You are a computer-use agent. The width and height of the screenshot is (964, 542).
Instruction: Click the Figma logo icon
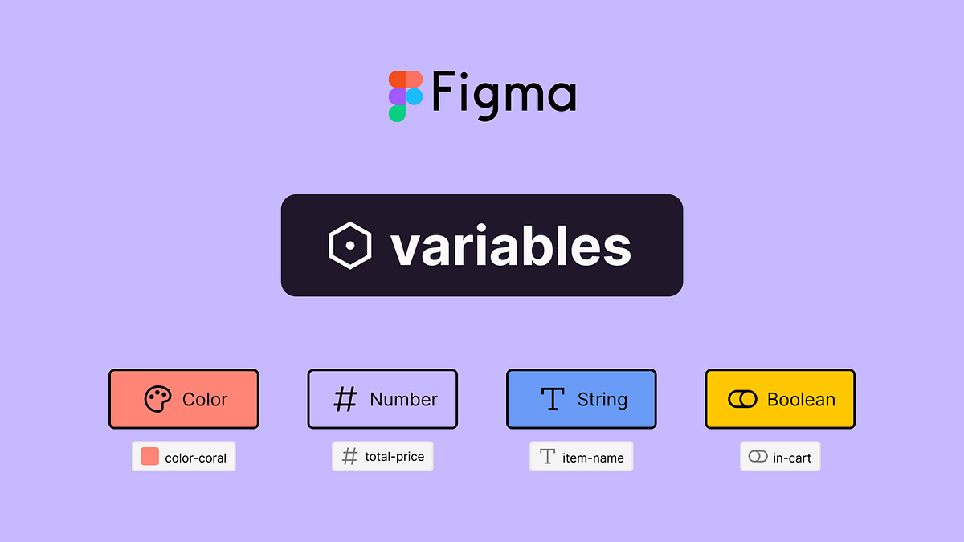(x=406, y=96)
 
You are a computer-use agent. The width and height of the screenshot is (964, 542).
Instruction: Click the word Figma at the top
(x=504, y=95)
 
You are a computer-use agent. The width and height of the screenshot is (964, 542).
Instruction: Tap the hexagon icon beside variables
(x=350, y=246)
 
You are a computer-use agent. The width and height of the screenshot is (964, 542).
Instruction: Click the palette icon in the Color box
(x=158, y=399)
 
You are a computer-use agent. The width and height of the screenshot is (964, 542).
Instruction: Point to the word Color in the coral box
(x=205, y=399)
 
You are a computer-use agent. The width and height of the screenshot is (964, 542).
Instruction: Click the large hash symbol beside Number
(x=345, y=399)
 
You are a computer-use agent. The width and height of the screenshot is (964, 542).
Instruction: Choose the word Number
(x=403, y=399)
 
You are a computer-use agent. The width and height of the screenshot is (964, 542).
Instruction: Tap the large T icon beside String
(x=553, y=399)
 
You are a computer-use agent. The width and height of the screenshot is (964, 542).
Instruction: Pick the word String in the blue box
(x=602, y=399)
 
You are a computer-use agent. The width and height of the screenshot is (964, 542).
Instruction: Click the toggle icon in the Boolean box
(x=742, y=399)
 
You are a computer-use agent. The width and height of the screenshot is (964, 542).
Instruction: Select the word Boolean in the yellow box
(x=801, y=399)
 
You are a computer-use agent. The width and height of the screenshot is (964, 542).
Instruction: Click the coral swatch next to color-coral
(x=149, y=457)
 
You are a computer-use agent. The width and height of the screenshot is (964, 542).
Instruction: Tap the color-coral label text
(x=195, y=458)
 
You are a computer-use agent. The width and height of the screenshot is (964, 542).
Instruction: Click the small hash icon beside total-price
(x=349, y=457)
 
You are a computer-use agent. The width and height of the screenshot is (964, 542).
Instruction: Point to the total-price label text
(x=394, y=457)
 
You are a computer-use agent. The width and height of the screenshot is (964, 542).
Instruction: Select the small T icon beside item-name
(x=547, y=457)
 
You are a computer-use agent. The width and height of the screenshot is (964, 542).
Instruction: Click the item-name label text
(x=593, y=457)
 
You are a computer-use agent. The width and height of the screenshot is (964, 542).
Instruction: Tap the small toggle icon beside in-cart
(x=758, y=457)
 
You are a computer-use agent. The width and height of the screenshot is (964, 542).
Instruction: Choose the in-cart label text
(x=791, y=458)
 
